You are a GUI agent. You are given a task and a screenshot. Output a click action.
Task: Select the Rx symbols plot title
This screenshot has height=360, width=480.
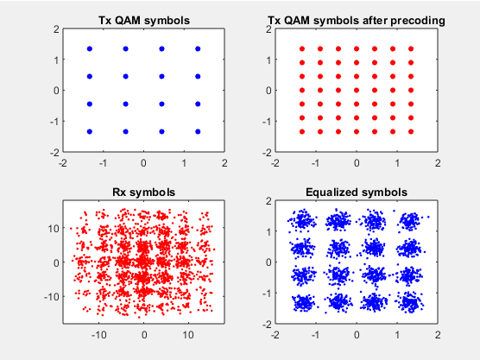pyautogui.click(x=144, y=193)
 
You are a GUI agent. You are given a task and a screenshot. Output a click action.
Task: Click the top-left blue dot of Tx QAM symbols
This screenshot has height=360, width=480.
pyautogui.click(x=90, y=49)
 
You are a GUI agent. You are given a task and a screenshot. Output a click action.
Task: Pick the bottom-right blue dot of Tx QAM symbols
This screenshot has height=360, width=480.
pyautogui.click(x=198, y=131)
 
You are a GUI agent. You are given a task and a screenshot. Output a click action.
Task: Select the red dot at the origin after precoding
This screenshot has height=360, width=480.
pyautogui.click(x=357, y=91)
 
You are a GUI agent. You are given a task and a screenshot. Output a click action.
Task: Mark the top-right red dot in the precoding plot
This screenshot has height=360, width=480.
pyautogui.click(x=411, y=49)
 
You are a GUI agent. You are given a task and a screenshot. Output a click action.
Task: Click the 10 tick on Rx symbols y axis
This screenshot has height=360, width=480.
pyautogui.click(x=54, y=229)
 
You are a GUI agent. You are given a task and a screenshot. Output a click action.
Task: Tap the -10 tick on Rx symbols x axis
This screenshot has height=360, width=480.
pyautogui.click(x=99, y=335)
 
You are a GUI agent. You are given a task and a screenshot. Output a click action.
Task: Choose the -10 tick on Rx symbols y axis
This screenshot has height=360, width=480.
pyautogui.click(x=52, y=297)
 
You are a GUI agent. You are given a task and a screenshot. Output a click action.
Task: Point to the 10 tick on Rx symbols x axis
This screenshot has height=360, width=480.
pyautogui.click(x=188, y=335)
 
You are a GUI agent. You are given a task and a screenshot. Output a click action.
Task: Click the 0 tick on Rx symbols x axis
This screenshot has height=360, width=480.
pyautogui.click(x=144, y=335)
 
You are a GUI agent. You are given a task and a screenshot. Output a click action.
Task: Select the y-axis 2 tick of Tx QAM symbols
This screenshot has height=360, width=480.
pyautogui.click(x=56, y=29)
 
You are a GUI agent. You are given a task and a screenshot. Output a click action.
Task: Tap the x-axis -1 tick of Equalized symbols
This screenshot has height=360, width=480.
pyautogui.click(x=316, y=335)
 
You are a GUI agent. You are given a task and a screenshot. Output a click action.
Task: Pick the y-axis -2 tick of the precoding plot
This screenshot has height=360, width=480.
pyautogui.click(x=267, y=153)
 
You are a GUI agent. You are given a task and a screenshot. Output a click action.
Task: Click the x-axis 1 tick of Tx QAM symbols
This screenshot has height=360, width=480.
pyautogui.click(x=184, y=163)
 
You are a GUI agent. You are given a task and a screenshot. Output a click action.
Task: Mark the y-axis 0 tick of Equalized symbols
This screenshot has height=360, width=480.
pyautogui.click(x=268, y=262)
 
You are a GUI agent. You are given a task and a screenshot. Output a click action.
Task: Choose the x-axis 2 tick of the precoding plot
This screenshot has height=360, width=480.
pyautogui.click(x=438, y=163)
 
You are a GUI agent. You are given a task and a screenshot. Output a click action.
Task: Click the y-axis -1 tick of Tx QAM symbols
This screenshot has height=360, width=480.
pyautogui.click(x=54, y=122)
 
